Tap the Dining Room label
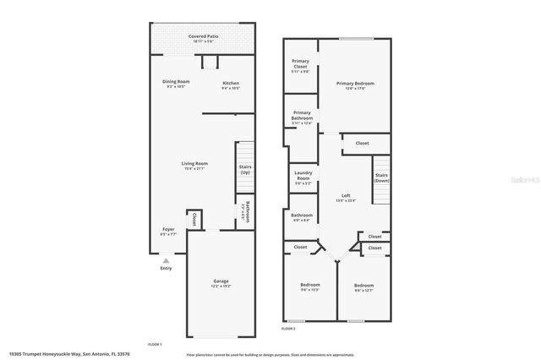pos(177,81)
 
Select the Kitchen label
pos(231,83)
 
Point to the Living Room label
pos(194,164)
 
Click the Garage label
pos(221,281)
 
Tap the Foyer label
pos(169,229)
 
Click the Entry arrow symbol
pos(166,262)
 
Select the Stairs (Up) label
pos(245,168)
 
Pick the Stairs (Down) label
pos(382,177)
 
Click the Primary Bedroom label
pos(355,83)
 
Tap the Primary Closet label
pos(300,63)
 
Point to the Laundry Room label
pos(303,175)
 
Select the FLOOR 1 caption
pos(155,344)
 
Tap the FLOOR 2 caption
pos(289,328)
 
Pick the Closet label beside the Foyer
pos(194,220)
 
